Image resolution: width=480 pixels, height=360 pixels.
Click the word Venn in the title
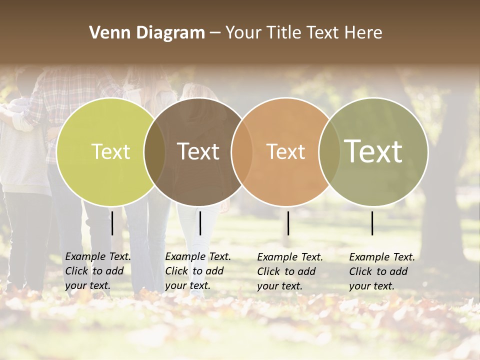click(106, 33)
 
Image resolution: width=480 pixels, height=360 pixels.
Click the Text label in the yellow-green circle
click(110, 151)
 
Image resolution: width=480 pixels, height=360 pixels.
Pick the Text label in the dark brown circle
click(198, 151)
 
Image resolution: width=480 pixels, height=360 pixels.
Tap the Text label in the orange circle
click(285, 151)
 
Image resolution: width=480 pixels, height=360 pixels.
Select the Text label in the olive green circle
click(373, 151)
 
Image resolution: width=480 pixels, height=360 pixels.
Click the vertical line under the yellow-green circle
click(112, 223)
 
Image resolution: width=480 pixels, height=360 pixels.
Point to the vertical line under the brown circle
click(200, 223)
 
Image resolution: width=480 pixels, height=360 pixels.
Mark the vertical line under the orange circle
click(288, 223)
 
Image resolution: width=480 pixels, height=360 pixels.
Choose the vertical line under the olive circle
click(372, 223)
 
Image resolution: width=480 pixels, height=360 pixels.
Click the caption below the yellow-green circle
click(98, 271)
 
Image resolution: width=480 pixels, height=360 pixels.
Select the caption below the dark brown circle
click(198, 271)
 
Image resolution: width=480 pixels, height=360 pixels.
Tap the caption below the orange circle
click(290, 271)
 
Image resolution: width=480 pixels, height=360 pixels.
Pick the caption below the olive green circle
click(382, 271)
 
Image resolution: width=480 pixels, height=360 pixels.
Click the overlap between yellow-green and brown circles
click(154, 151)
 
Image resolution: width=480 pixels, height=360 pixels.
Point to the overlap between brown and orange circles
click(241, 151)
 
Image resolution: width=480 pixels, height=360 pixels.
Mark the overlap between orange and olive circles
click(329, 151)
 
